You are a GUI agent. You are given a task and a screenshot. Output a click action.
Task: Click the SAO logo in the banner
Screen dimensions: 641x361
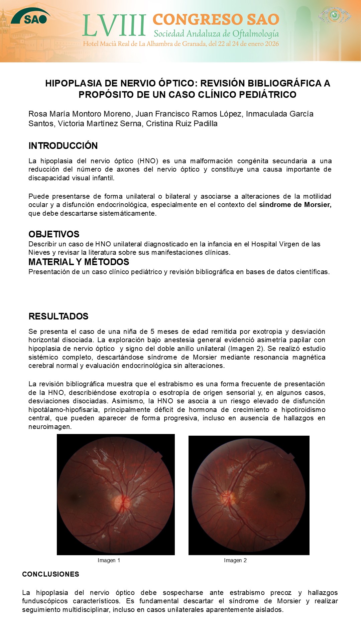click(31, 17)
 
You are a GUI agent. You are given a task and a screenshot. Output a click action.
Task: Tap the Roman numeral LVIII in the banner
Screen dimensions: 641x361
click(114, 26)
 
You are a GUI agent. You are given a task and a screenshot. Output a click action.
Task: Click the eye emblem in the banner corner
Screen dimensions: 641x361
click(335, 15)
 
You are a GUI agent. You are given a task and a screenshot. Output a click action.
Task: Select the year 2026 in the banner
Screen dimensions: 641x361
click(271, 44)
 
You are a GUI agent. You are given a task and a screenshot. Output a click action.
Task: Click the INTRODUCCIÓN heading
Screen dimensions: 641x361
click(63, 146)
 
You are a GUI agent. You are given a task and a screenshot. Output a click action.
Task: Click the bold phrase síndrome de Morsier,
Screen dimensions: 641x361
click(295, 205)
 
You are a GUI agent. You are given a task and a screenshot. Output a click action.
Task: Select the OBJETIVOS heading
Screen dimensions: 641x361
click(54, 234)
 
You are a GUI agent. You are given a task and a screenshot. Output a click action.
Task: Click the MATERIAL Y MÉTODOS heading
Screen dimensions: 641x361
click(79, 262)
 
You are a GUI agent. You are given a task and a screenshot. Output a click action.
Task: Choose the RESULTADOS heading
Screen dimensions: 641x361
click(58, 316)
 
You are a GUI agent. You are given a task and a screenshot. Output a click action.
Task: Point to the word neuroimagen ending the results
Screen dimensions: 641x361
click(49, 427)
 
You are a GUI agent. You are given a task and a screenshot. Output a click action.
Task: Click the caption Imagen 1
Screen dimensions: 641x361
click(109, 560)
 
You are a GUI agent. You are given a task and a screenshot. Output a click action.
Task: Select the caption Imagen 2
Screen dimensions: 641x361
click(235, 560)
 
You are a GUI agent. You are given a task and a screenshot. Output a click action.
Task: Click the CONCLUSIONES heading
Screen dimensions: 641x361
click(50, 574)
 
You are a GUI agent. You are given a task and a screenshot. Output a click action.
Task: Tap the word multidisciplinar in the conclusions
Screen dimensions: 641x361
click(87, 610)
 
